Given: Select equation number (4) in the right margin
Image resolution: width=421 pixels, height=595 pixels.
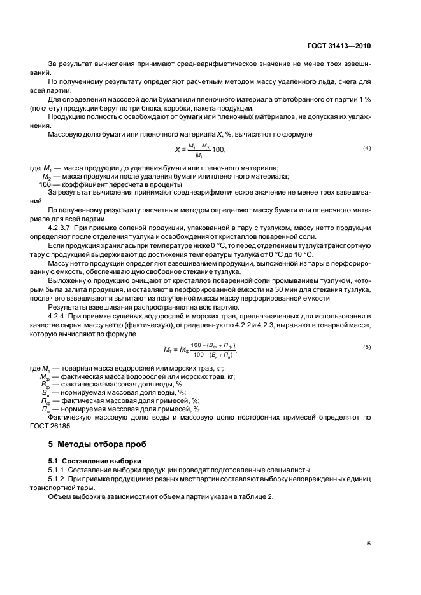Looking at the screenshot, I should coord(367,148).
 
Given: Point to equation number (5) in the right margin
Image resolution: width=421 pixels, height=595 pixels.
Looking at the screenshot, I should coord(367,346).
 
